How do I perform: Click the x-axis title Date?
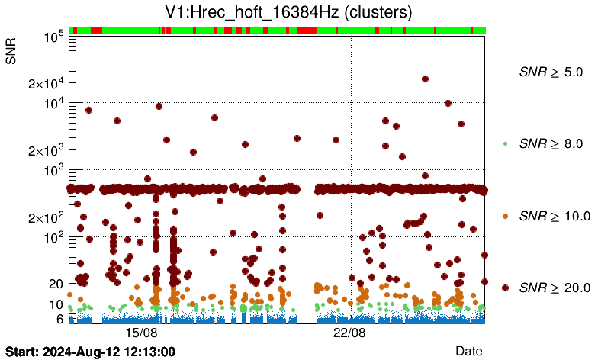pyautogui.click(x=468, y=351)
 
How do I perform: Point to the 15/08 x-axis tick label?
pyautogui.click(x=142, y=333)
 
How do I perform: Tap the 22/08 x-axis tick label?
pyautogui.click(x=351, y=333)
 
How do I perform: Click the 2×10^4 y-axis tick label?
pyautogui.click(x=44, y=84)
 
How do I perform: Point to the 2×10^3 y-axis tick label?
pyautogui.click(x=44, y=150)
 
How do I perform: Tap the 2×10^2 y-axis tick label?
pyautogui.click(x=44, y=217)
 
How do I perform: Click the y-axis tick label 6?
pyautogui.click(x=58, y=319)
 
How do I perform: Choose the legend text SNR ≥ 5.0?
pyautogui.click(x=551, y=72)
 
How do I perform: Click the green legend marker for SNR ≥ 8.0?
pyautogui.click(x=504, y=143)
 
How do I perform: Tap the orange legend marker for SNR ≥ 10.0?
pyautogui.click(x=504, y=216)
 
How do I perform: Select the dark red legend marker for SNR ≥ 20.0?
pyautogui.click(x=504, y=288)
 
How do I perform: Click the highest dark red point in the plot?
pyautogui.click(x=425, y=79)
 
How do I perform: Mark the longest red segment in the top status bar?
pyautogui.click(x=307, y=30)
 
